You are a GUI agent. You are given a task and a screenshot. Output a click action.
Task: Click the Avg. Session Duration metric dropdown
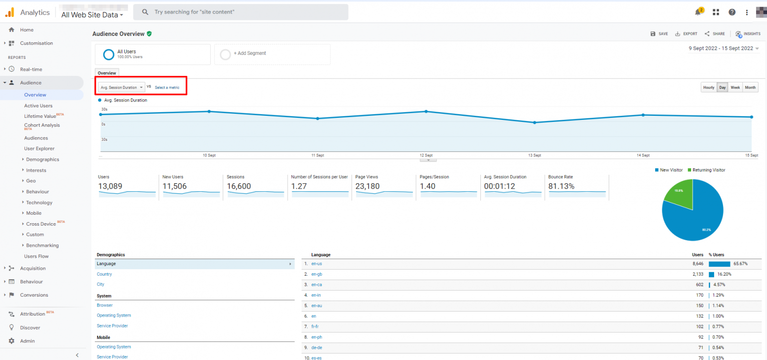(121, 87)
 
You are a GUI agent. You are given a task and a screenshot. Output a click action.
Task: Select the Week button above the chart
(735, 87)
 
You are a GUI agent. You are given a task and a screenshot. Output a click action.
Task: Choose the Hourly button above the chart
(709, 87)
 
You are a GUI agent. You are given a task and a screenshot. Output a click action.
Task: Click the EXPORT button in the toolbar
(686, 34)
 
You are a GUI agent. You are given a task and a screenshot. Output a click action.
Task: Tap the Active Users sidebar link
(38, 106)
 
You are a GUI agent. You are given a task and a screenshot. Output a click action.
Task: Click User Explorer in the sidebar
(39, 149)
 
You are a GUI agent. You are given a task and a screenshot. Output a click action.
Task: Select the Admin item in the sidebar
(27, 341)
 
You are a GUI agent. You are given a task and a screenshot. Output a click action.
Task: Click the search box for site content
(241, 12)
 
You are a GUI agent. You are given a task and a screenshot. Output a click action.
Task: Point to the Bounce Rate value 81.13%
(561, 187)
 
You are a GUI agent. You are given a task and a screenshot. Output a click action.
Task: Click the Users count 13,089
(110, 187)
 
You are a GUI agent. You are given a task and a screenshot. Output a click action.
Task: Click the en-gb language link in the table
(317, 274)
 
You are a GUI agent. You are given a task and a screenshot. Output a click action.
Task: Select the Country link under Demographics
(104, 274)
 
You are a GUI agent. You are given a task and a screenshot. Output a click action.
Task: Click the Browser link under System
(105, 305)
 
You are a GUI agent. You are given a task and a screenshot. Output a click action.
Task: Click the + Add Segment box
(272, 54)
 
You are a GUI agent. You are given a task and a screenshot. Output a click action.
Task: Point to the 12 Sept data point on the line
(426, 111)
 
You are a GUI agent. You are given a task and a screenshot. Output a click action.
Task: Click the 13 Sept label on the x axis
(534, 155)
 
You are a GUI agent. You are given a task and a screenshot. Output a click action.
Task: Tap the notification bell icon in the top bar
(698, 12)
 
